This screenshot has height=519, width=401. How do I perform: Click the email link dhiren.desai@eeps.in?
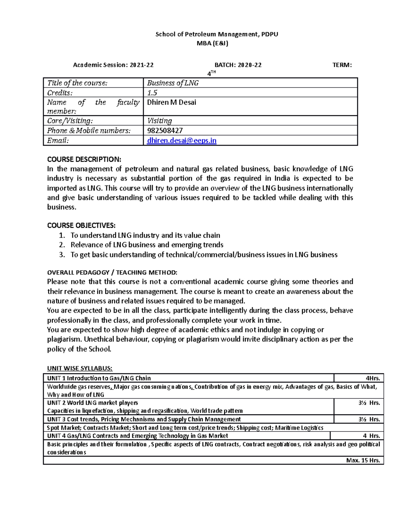pyautogui.click(x=181, y=141)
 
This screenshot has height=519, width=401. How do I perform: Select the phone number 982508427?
pyautogui.click(x=165, y=131)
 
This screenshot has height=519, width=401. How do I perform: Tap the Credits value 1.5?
pyautogui.click(x=152, y=93)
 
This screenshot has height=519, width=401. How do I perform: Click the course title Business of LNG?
pyautogui.click(x=173, y=83)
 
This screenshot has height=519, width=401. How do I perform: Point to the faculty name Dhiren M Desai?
pyautogui.click(x=171, y=102)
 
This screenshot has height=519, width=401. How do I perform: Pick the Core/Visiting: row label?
pyautogui.click(x=70, y=121)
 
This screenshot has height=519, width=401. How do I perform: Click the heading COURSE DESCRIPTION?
pyautogui.click(x=84, y=159)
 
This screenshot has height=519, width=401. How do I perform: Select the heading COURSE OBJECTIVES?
pyautogui.click(x=81, y=225)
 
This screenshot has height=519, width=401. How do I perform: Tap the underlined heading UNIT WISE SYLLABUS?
pyautogui.click(x=80, y=368)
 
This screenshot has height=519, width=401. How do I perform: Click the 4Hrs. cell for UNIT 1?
pyautogui.click(x=373, y=378)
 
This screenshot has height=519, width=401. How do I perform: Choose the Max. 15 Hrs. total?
pyautogui.click(x=363, y=460)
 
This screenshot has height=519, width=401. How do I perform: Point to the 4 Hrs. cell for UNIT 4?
pyautogui.click(x=371, y=436)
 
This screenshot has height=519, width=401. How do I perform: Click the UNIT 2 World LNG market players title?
pyautogui.click(x=93, y=403)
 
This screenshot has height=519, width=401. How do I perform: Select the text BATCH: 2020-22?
pyautogui.click(x=238, y=65)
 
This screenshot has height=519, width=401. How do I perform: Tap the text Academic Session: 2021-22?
pyautogui.click(x=113, y=65)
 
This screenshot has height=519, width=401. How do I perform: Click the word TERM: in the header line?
pyautogui.click(x=342, y=65)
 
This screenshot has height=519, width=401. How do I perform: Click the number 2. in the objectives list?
pyautogui.click(x=61, y=245)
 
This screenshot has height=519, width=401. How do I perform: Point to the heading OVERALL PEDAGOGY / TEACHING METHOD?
pyautogui.click(x=112, y=272)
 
